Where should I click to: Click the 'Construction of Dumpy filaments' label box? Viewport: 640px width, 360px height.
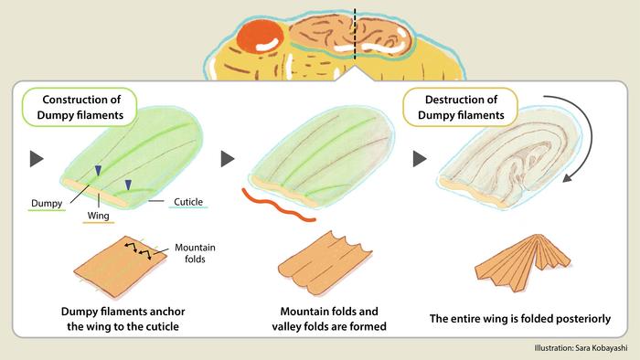[80, 107]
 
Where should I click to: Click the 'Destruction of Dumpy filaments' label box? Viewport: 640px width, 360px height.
[461, 107]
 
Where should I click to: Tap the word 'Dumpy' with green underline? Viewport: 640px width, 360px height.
[47, 204]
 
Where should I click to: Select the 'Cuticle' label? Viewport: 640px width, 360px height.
[188, 202]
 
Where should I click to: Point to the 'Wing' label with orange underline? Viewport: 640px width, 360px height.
[99, 216]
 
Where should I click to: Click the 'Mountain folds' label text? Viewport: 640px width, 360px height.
[195, 253]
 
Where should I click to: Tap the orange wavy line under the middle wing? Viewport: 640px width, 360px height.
[278, 206]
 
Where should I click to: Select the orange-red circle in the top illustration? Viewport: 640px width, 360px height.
[260, 36]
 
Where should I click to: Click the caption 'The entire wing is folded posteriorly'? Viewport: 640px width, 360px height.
[520, 318]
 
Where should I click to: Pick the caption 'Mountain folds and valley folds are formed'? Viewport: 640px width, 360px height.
[329, 319]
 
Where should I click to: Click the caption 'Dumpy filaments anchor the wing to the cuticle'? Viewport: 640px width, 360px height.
[123, 319]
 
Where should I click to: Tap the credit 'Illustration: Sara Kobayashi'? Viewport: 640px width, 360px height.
[581, 348]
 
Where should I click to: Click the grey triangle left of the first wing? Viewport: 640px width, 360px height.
[37, 159]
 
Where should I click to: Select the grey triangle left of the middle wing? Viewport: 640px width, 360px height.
[228, 159]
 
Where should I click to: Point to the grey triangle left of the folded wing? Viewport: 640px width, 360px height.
[420, 159]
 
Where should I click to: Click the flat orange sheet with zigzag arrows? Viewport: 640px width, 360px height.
[120, 267]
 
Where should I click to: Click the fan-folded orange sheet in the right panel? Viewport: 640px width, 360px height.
[523, 262]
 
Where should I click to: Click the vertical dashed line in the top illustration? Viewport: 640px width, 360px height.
[355, 34]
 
